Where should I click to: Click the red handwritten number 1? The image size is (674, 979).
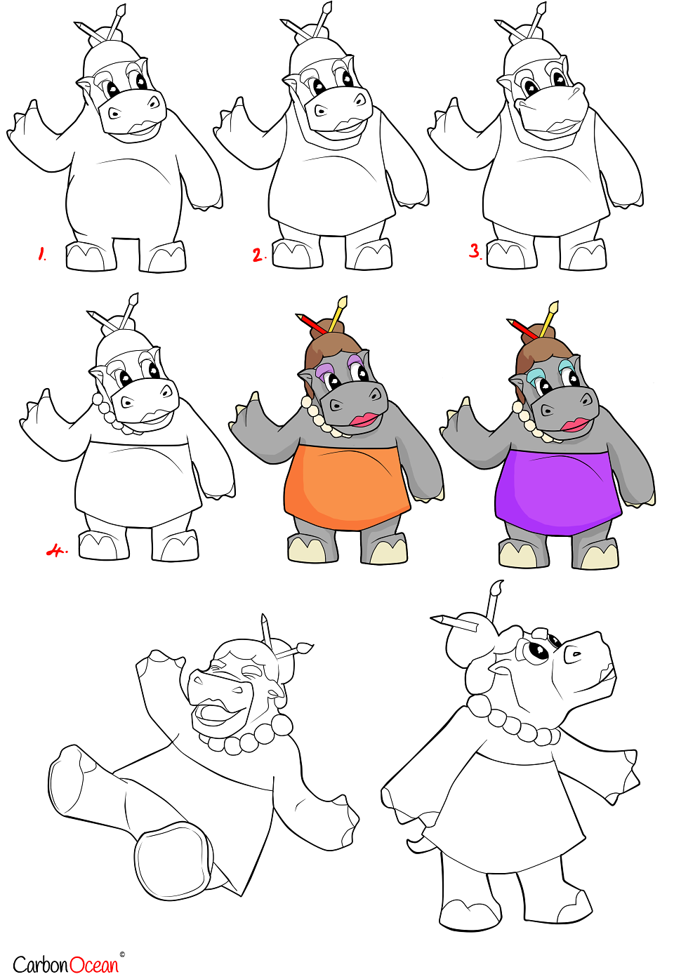42,254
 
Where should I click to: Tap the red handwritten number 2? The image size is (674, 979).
258,255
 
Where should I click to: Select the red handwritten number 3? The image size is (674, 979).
475,251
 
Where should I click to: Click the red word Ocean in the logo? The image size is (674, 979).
94,964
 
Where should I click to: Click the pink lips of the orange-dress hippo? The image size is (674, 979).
365,420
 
